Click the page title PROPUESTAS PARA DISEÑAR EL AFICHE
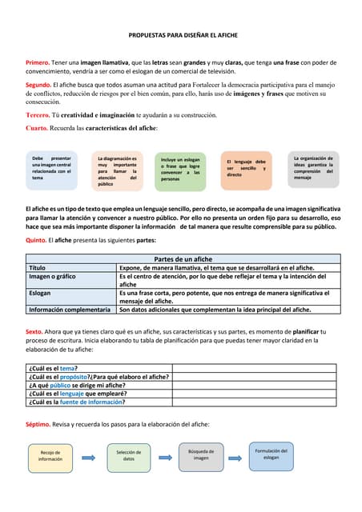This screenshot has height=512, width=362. click(x=183, y=36)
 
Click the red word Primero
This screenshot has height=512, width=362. click(x=37, y=62)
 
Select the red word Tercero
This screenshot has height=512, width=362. click(x=38, y=115)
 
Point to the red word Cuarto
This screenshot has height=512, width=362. click(x=36, y=128)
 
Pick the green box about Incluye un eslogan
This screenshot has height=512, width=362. click(x=180, y=169)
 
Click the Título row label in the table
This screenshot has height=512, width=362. click(x=38, y=268)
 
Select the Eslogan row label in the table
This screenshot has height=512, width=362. click(x=42, y=294)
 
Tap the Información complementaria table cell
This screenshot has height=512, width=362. click(x=69, y=309)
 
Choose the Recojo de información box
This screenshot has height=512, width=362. click(x=50, y=455)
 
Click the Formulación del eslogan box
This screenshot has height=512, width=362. click(x=271, y=454)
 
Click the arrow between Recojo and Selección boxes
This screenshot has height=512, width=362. click(x=88, y=456)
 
